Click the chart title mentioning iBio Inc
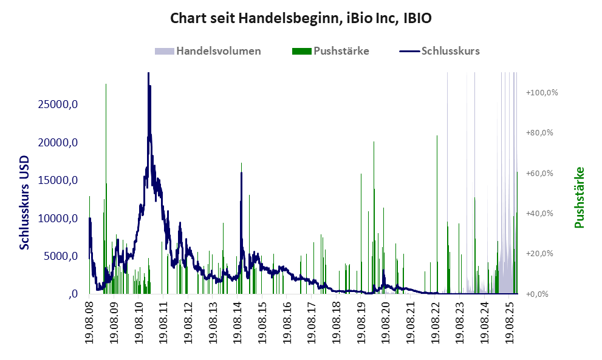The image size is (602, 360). (301, 18)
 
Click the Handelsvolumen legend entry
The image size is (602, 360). (218, 51)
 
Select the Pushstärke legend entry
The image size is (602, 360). (341, 51)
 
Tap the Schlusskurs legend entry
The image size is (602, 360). (450, 51)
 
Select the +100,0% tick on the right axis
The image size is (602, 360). (542, 93)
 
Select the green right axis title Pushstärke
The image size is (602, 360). (578, 198)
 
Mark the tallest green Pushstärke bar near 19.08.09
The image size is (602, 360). (106, 85)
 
